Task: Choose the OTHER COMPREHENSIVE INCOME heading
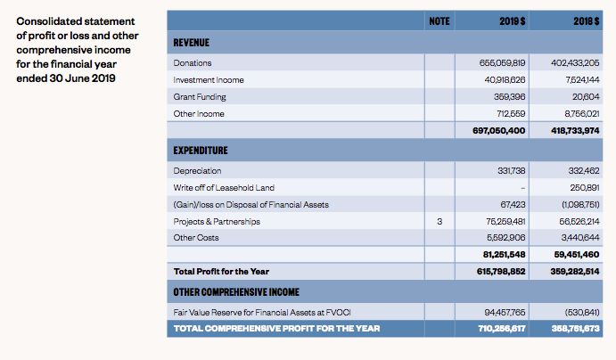pos(236,292)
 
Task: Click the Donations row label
pos(193,63)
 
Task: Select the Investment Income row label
pos(209,80)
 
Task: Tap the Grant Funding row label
pos(200,97)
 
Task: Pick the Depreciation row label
pos(198,170)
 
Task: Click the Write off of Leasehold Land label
pos(224,187)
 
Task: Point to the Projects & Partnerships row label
pos(217,221)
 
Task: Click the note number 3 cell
pos(439,221)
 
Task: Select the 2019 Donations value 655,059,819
pos(503,63)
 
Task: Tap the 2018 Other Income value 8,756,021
pos(580,114)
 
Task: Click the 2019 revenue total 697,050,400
pos(499,131)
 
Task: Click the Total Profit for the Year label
pos(221,271)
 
